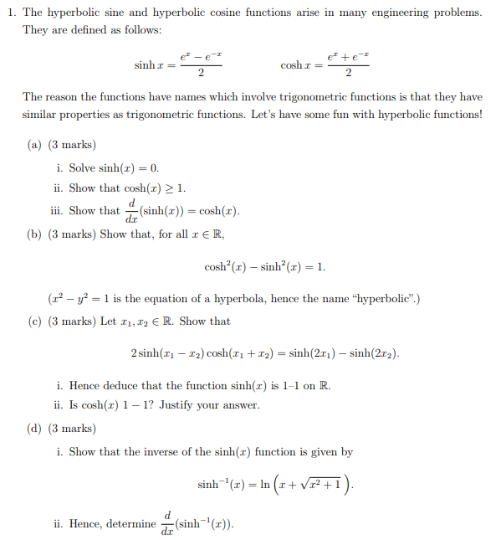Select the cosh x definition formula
point(323,64)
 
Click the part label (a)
point(35,144)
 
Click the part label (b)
point(35,234)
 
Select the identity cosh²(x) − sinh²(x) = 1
point(264,267)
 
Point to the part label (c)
point(35,321)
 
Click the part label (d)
point(35,429)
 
